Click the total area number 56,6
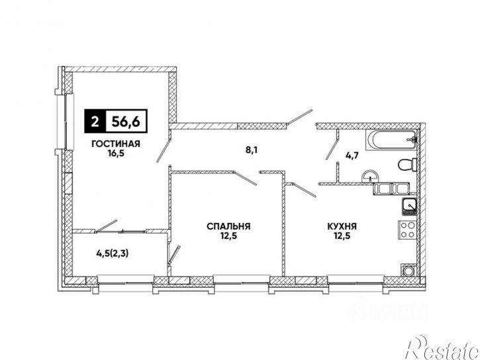(126, 121)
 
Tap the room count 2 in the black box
(95, 121)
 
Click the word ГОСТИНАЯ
(116, 144)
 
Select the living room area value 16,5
(116, 153)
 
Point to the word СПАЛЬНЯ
(228, 226)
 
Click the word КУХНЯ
(342, 226)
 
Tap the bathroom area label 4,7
(352, 155)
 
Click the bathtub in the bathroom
(391, 140)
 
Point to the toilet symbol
(407, 165)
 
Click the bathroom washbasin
(370, 177)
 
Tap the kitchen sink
(408, 206)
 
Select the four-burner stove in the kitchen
(407, 230)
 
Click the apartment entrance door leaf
(300, 117)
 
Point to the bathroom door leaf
(332, 148)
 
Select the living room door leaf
(163, 151)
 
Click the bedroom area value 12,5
(228, 236)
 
